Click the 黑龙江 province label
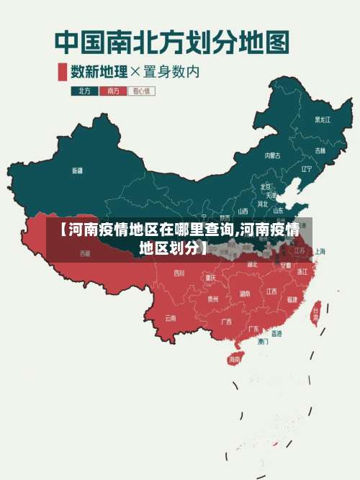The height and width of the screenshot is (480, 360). coord(323,119)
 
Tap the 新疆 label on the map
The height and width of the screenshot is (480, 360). coord(77,171)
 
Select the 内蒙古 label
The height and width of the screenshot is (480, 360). coord(271,155)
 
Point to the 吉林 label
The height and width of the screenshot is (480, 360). coord(320,150)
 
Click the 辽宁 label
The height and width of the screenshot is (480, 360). coord(307,169)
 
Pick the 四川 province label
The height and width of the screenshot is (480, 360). coord(179,273)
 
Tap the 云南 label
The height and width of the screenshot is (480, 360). coord(171,317)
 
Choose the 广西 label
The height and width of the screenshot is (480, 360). coord(226,321)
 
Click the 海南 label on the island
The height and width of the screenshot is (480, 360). coord(234,359)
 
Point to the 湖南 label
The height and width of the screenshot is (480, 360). coord(245,293)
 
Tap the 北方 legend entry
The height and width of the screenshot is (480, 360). coord(84,91)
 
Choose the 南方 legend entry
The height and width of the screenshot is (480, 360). coord(112,91)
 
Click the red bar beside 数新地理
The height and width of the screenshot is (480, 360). coord(62,71)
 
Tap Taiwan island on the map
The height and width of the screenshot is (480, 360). coord(315,312)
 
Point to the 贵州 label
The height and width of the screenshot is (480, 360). coord(213,298)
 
